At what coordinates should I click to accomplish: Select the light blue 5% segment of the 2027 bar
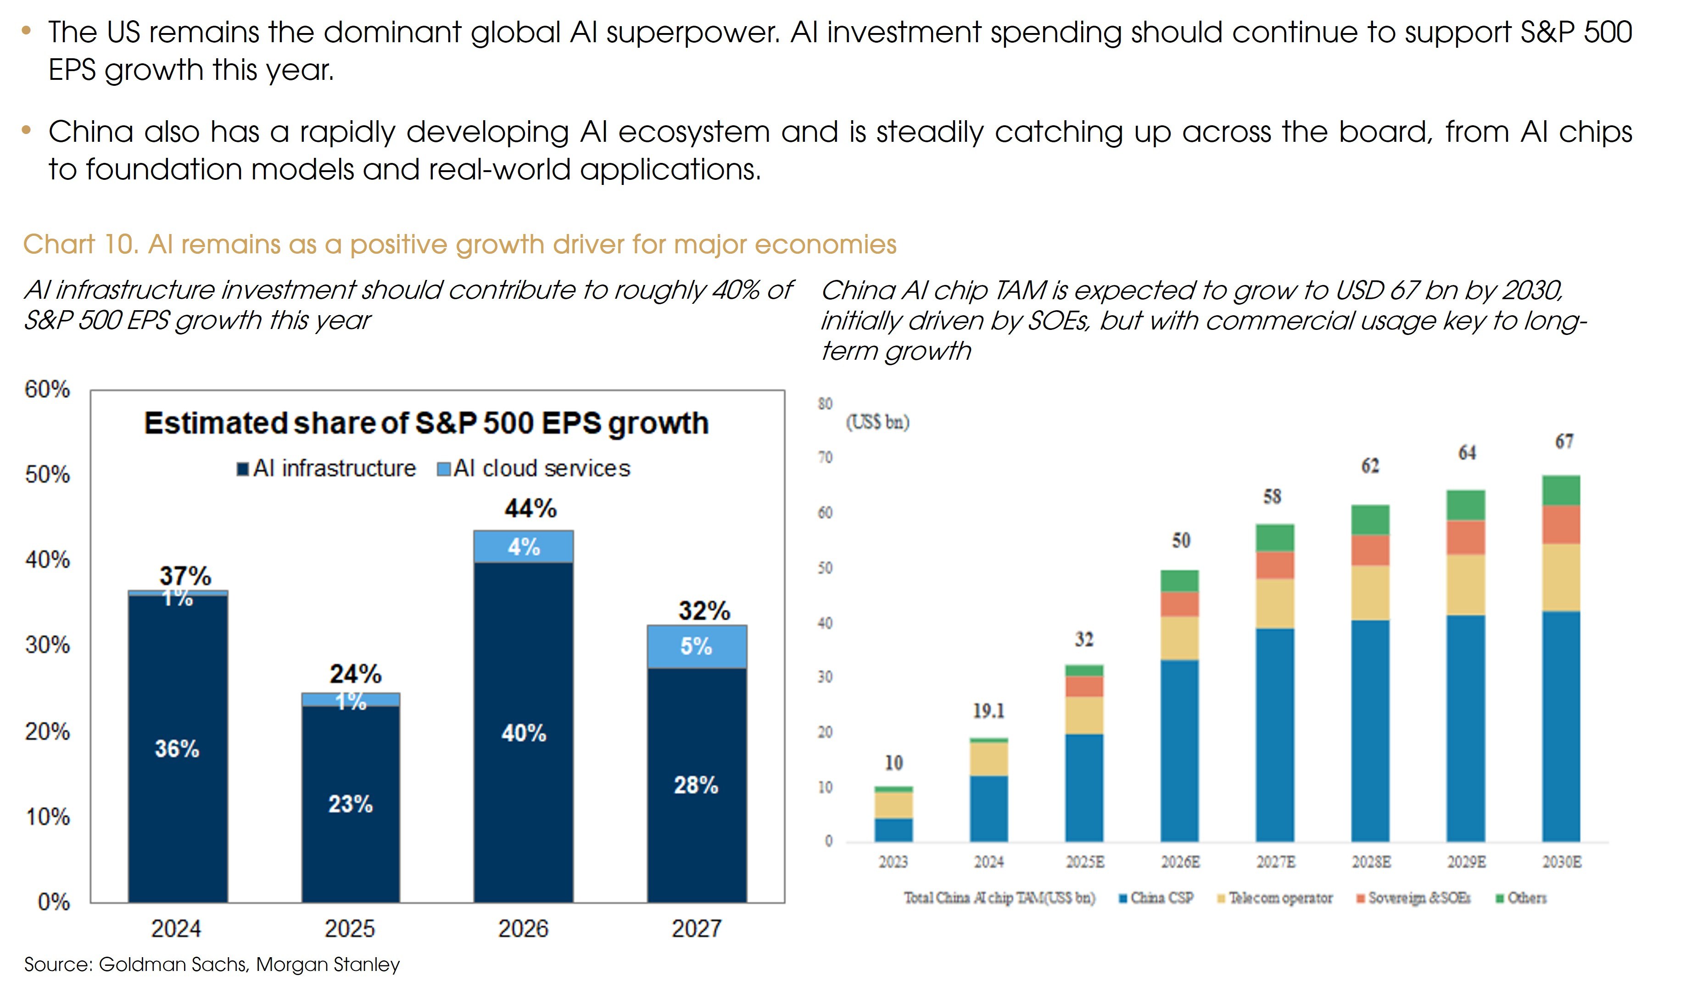[x=696, y=647]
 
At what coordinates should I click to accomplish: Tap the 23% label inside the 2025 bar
[x=350, y=804]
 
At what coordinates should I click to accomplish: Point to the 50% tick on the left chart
[x=47, y=474]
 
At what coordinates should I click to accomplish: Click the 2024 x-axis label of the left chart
[x=176, y=929]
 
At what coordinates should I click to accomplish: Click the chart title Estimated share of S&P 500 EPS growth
[x=426, y=424]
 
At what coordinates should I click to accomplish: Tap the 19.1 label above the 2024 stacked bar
[x=988, y=711]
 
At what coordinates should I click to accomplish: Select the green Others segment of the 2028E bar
[x=1370, y=519]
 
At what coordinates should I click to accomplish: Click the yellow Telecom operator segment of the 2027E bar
[x=1274, y=603]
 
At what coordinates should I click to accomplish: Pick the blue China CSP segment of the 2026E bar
[x=1179, y=750]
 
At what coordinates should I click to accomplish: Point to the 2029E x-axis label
[x=1466, y=862]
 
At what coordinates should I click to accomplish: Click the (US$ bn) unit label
[x=877, y=422]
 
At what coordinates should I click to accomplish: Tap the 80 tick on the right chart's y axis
[x=825, y=404]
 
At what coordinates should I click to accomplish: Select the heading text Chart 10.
[x=80, y=245]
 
